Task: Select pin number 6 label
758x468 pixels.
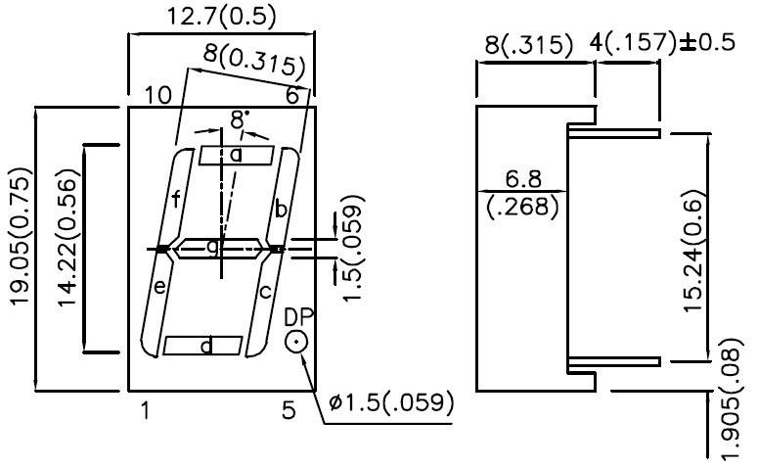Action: coord(291,95)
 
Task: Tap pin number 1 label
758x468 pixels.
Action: coord(144,411)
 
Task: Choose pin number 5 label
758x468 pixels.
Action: coord(288,411)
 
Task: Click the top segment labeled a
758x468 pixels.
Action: coord(236,155)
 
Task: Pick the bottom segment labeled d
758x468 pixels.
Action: coord(203,345)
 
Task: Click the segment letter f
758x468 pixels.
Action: coord(176,201)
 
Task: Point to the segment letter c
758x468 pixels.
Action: coord(265,291)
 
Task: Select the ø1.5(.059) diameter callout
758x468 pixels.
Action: coord(391,402)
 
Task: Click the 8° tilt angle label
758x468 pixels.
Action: coord(240,120)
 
